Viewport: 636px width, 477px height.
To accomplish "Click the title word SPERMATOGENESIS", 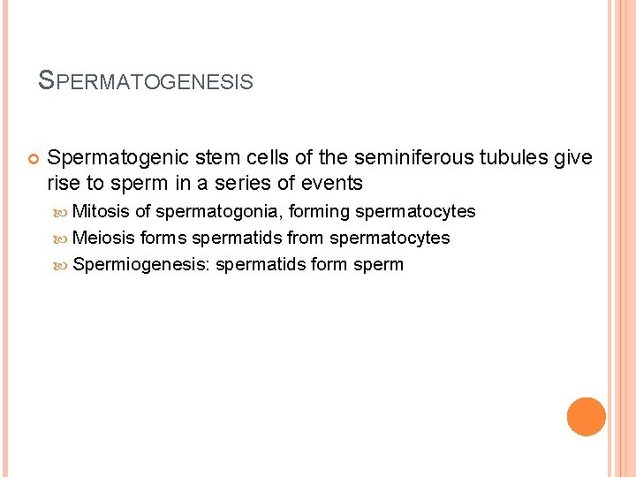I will pyautogui.click(x=147, y=82).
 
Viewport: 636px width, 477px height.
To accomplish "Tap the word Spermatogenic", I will pyautogui.click(x=107, y=158).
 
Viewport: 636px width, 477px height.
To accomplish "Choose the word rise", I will pyautogui.click(x=63, y=184).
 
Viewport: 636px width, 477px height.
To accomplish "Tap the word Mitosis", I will pyautogui.click(x=102, y=211).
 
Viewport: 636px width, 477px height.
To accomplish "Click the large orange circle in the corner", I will pyautogui.click(x=587, y=417).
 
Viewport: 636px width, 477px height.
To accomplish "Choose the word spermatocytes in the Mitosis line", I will pyautogui.click(x=415, y=211).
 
